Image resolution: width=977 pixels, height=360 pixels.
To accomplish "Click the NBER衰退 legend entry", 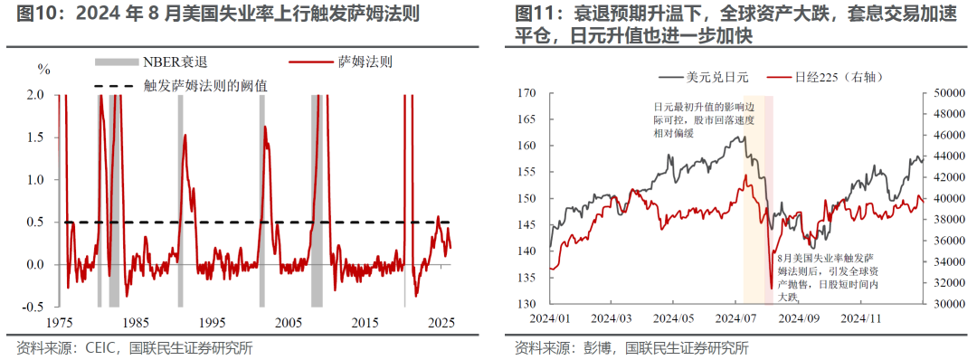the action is click(x=150, y=62).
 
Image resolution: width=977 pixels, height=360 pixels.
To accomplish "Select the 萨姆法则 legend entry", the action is click(x=340, y=62).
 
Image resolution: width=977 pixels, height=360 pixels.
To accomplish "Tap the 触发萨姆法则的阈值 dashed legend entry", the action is click(x=181, y=86).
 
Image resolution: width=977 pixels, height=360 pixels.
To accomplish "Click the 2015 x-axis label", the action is click(x=365, y=323).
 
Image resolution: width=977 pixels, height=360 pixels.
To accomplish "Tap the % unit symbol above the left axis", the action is click(x=43, y=70).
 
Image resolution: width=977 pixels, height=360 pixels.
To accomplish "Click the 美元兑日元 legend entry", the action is click(x=704, y=77).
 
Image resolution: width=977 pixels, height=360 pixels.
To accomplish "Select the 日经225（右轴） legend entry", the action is click(x=825, y=77).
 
